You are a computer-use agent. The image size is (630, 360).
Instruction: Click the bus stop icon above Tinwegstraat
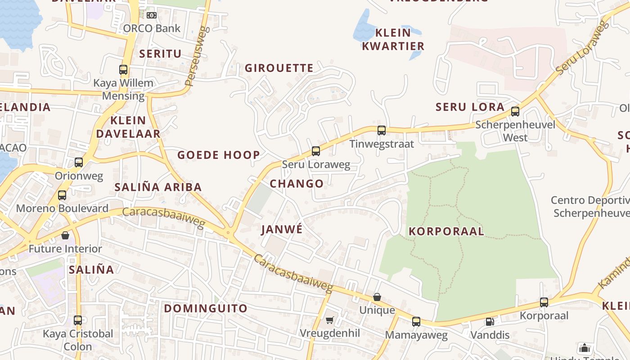382,130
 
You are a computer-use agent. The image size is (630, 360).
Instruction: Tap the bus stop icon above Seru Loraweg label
316,151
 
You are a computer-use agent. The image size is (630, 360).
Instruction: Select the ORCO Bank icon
152,15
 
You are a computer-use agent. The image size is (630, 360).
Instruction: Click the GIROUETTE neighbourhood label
279,68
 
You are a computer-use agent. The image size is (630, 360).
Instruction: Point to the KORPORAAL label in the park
446,231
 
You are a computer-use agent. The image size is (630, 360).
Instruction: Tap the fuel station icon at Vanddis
490,322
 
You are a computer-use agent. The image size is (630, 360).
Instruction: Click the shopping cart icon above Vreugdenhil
330,320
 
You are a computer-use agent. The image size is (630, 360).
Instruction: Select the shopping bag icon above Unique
377,297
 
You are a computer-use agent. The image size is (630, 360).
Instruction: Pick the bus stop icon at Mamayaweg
416,322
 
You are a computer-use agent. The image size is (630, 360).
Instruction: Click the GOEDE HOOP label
219,155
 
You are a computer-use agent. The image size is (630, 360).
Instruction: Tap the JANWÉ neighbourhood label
282,229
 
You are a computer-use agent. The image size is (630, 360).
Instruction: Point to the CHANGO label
297,184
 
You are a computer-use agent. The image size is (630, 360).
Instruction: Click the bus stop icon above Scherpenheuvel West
515,112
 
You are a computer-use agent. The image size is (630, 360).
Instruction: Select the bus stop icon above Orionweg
79,162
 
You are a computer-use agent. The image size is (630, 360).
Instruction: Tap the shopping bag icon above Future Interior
65,235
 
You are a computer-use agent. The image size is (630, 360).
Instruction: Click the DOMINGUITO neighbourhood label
206,308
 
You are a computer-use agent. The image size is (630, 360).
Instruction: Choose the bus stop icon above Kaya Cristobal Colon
78,320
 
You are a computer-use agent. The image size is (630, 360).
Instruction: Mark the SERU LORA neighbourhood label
470,107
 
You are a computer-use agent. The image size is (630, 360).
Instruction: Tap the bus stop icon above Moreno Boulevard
62,195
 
